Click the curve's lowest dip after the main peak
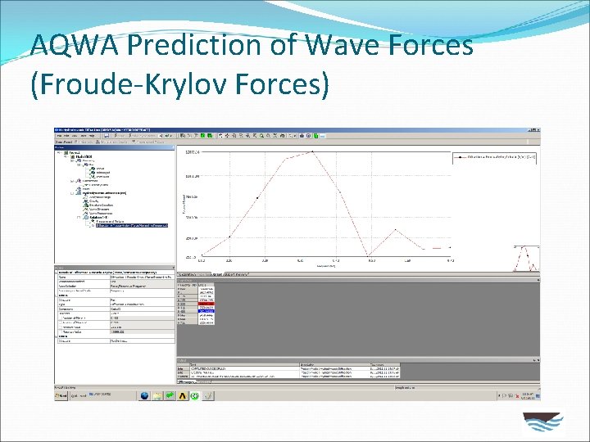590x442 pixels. pos(370,255)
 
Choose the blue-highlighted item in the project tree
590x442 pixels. pos(131,225)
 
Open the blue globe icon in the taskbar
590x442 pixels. pos(145,395)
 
